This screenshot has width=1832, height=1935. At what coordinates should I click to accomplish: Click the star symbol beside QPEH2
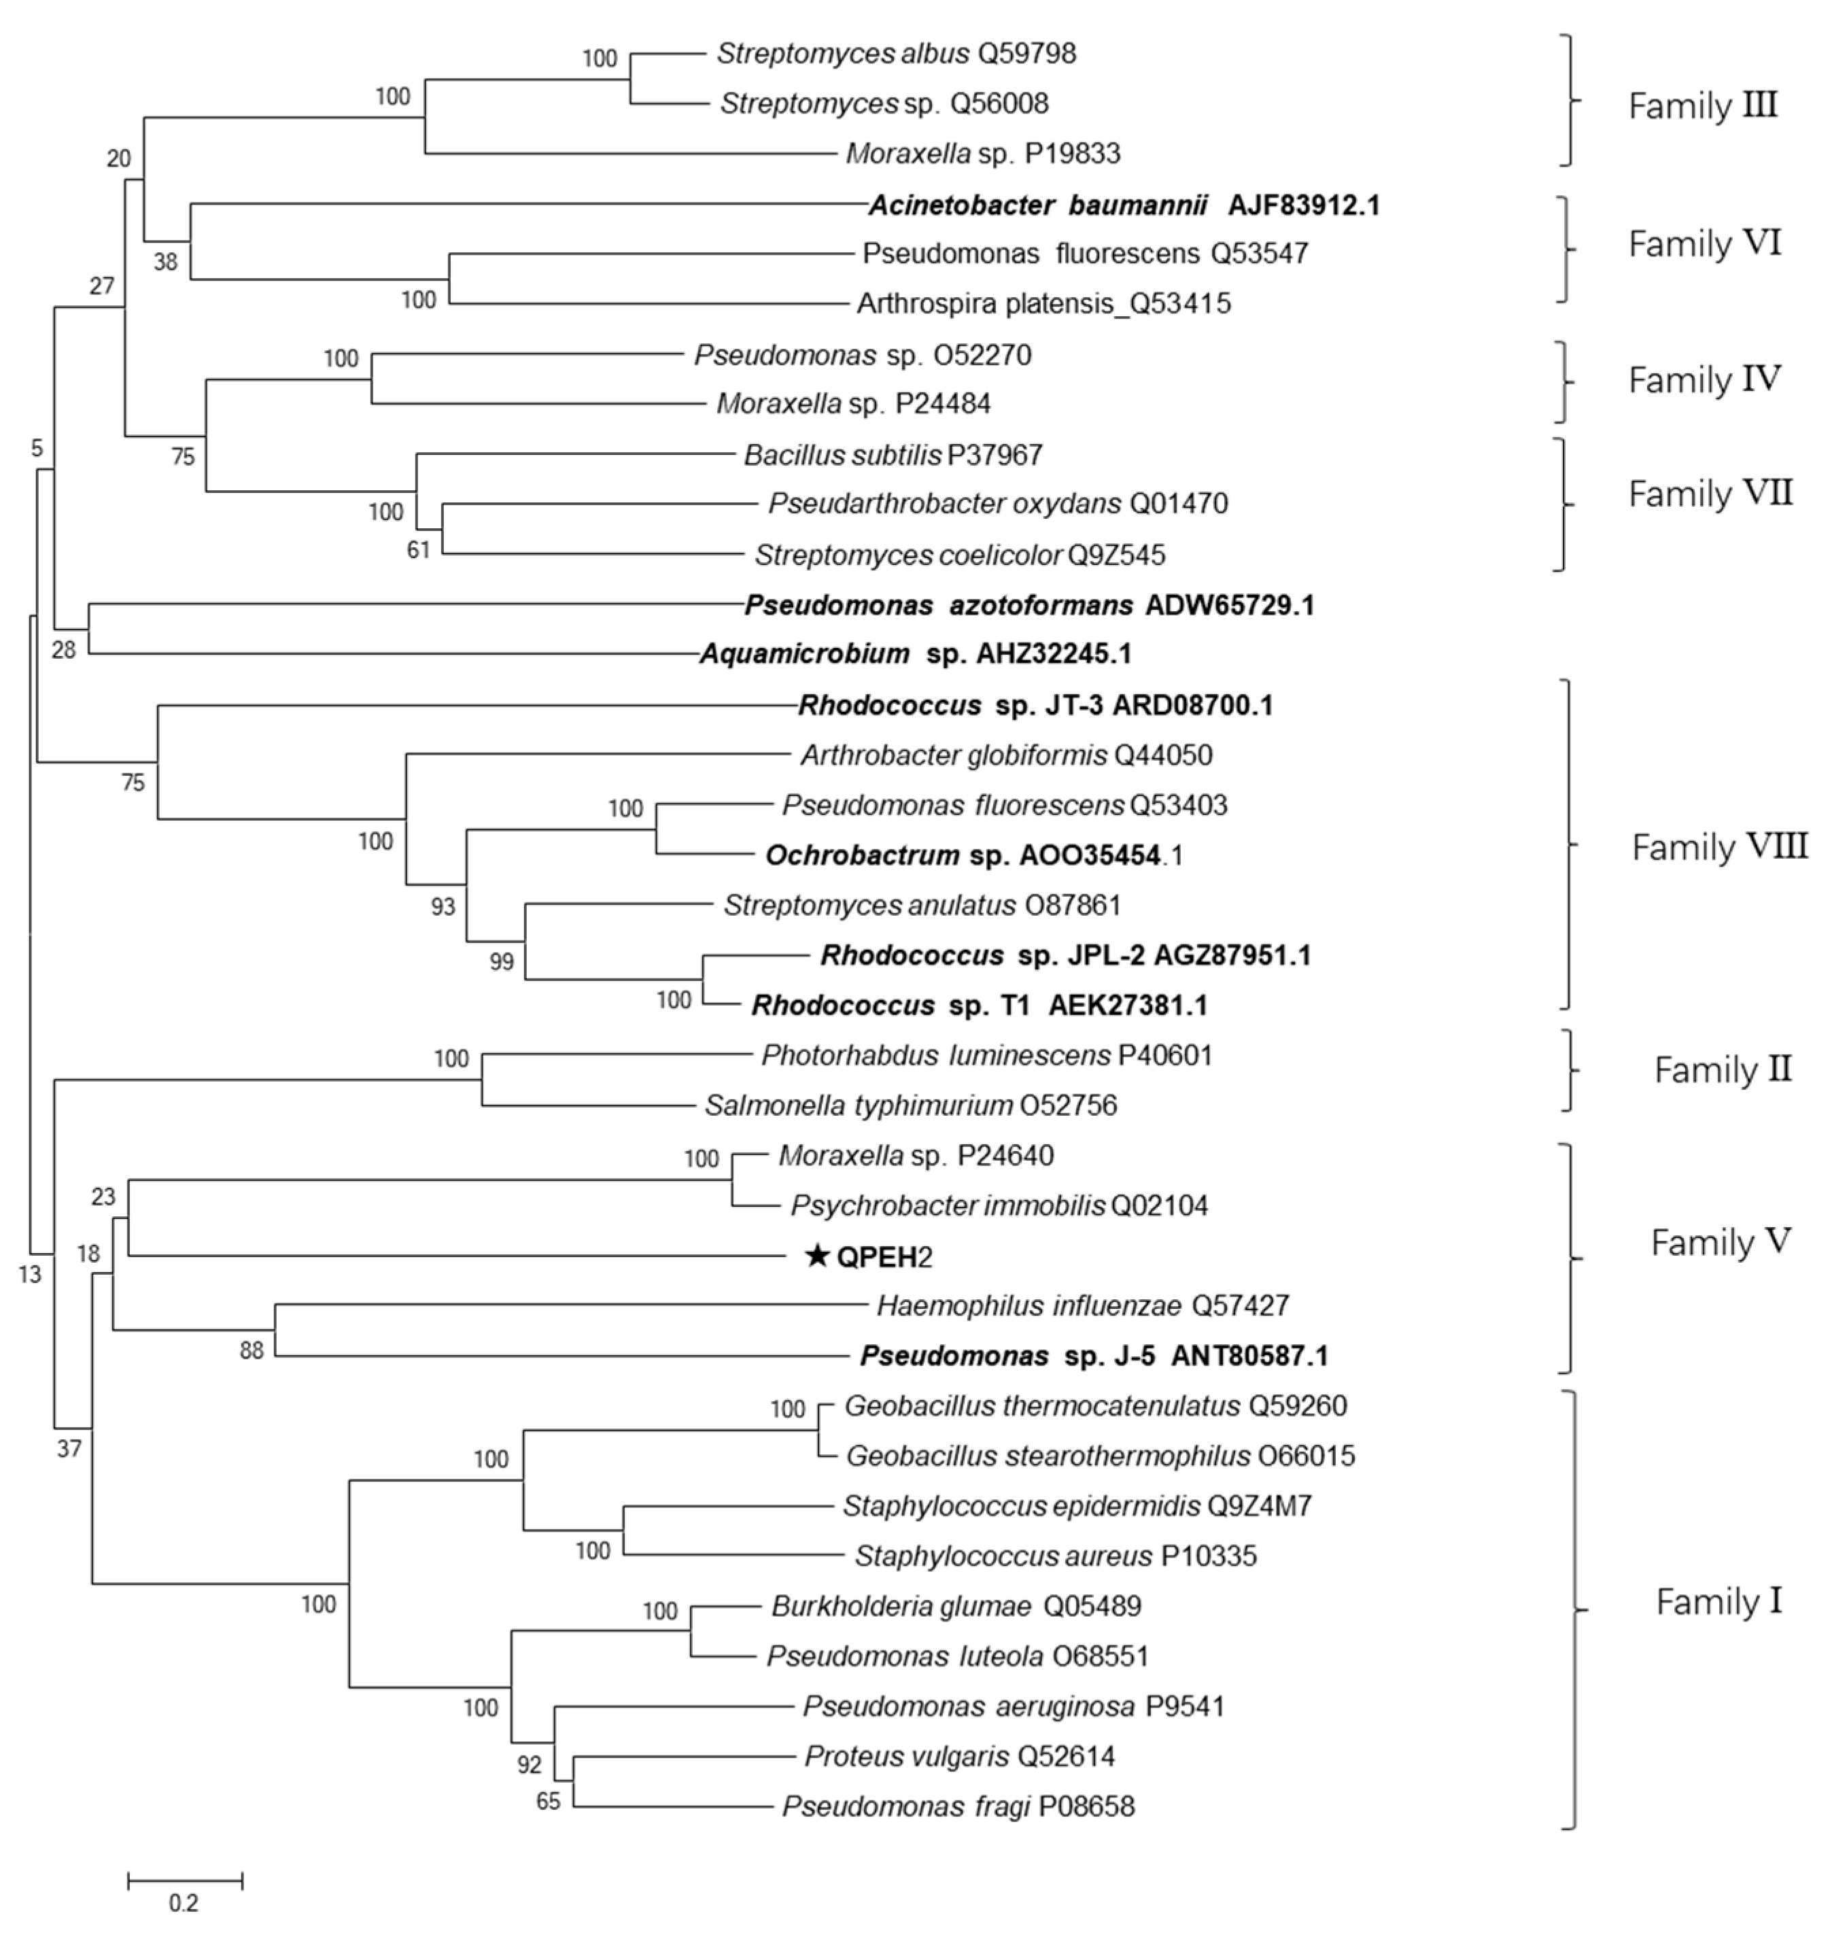(816, 1256)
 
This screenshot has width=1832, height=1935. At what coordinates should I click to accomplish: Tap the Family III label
(1702, 105)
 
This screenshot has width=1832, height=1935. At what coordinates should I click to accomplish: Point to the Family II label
(1723, 1069)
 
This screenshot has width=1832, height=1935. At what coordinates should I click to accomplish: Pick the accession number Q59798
(1026, 54)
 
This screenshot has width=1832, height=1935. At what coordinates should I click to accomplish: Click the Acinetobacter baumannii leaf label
(1123, 205)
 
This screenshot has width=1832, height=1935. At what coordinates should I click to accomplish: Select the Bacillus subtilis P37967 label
(893, 455)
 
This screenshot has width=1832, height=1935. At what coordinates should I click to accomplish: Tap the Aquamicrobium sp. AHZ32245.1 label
(915, 653)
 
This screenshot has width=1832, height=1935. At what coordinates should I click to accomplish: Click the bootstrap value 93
(443, 906)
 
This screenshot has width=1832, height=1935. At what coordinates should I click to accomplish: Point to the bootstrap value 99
(501, 962)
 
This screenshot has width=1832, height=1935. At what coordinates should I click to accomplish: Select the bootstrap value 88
(252, 1352)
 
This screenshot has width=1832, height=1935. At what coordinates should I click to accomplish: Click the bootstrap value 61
(418, 550)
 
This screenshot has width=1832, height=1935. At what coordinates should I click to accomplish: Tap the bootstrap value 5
(37, 448)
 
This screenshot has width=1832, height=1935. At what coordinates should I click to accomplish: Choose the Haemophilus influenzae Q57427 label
(1082, 1306)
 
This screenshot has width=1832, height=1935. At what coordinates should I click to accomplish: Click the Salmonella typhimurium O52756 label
(910, 1106)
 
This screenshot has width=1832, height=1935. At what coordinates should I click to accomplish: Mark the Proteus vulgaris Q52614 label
(959, 1756)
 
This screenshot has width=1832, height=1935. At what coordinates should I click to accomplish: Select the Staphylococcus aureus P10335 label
(1054, 1556)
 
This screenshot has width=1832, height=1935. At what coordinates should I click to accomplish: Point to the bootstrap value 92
(528, 1765)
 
